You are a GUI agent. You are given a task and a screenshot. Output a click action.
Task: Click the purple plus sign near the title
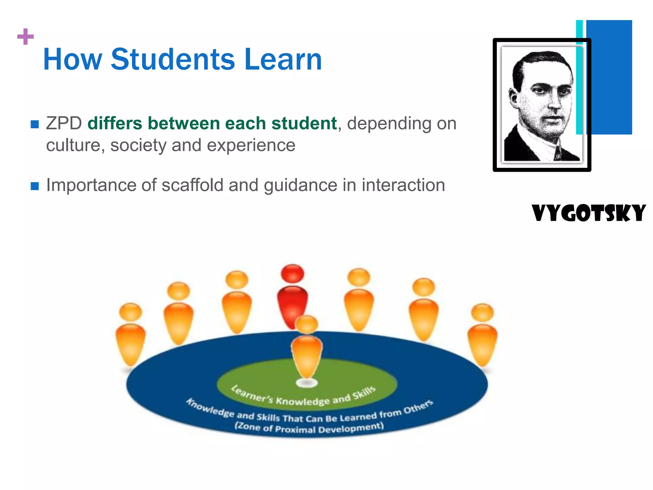click(26, 37)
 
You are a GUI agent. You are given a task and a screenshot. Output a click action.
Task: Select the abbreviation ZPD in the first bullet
click(64, 123)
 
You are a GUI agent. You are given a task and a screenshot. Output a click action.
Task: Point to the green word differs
click(114, 123)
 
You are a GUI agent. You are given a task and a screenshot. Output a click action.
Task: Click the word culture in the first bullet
click(73, 145)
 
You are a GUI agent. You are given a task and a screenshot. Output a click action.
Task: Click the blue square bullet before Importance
click(34, 186)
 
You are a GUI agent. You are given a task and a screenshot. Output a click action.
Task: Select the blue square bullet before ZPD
click(34, 124)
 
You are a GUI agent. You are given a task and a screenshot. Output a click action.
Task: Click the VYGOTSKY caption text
click(589, 213)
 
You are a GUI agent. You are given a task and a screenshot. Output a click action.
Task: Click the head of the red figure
click(292, 274)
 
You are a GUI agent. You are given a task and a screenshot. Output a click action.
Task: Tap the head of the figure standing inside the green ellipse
click(306, 324)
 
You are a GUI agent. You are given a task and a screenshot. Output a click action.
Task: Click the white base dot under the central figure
click(306, 382)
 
